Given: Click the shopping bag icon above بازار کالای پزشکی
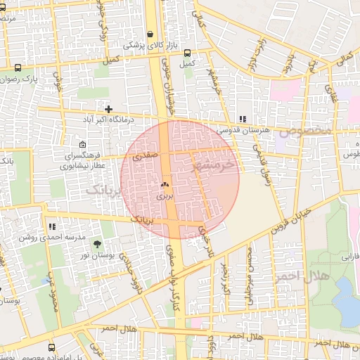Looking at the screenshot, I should coord(150,34).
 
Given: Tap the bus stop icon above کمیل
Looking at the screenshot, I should coord(187,53).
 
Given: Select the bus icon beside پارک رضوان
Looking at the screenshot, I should coord(18,68).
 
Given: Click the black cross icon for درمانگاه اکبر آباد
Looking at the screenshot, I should coord(108,109).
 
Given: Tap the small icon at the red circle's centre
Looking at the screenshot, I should coord(165,185).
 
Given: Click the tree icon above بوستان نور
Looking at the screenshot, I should coord(97,243).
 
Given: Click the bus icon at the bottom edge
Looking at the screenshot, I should coord(51,347).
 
